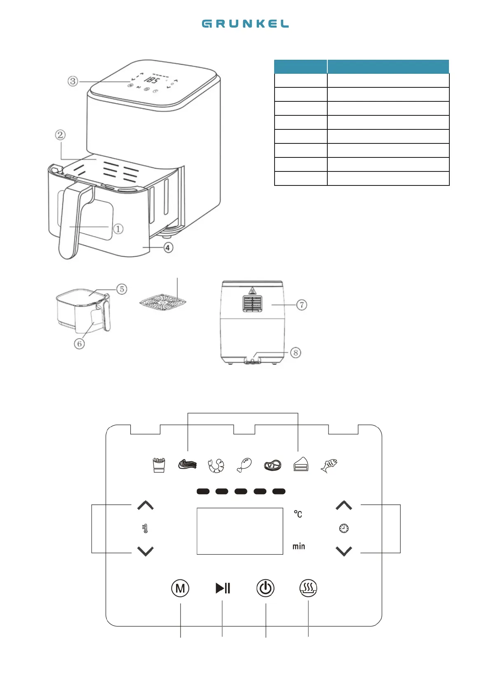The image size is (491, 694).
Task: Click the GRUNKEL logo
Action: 245,24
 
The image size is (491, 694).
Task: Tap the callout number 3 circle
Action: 73,81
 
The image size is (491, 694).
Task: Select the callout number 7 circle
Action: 302,305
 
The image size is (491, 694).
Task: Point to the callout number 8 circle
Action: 296,353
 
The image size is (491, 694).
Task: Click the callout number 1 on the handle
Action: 118,229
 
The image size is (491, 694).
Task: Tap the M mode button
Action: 180,588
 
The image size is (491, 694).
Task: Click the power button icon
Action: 265,588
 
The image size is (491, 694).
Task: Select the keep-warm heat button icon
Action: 308,588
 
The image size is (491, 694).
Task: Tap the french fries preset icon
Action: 159,465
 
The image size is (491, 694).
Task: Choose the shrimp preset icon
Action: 216,465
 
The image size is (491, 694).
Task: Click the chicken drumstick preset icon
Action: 244,465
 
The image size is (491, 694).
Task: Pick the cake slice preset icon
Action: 301,464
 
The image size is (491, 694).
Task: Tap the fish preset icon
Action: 329,465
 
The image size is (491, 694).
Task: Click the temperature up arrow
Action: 145,506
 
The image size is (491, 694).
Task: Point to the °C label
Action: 298,514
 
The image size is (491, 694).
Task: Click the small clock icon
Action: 344,528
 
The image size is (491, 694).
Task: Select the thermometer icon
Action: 145,528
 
